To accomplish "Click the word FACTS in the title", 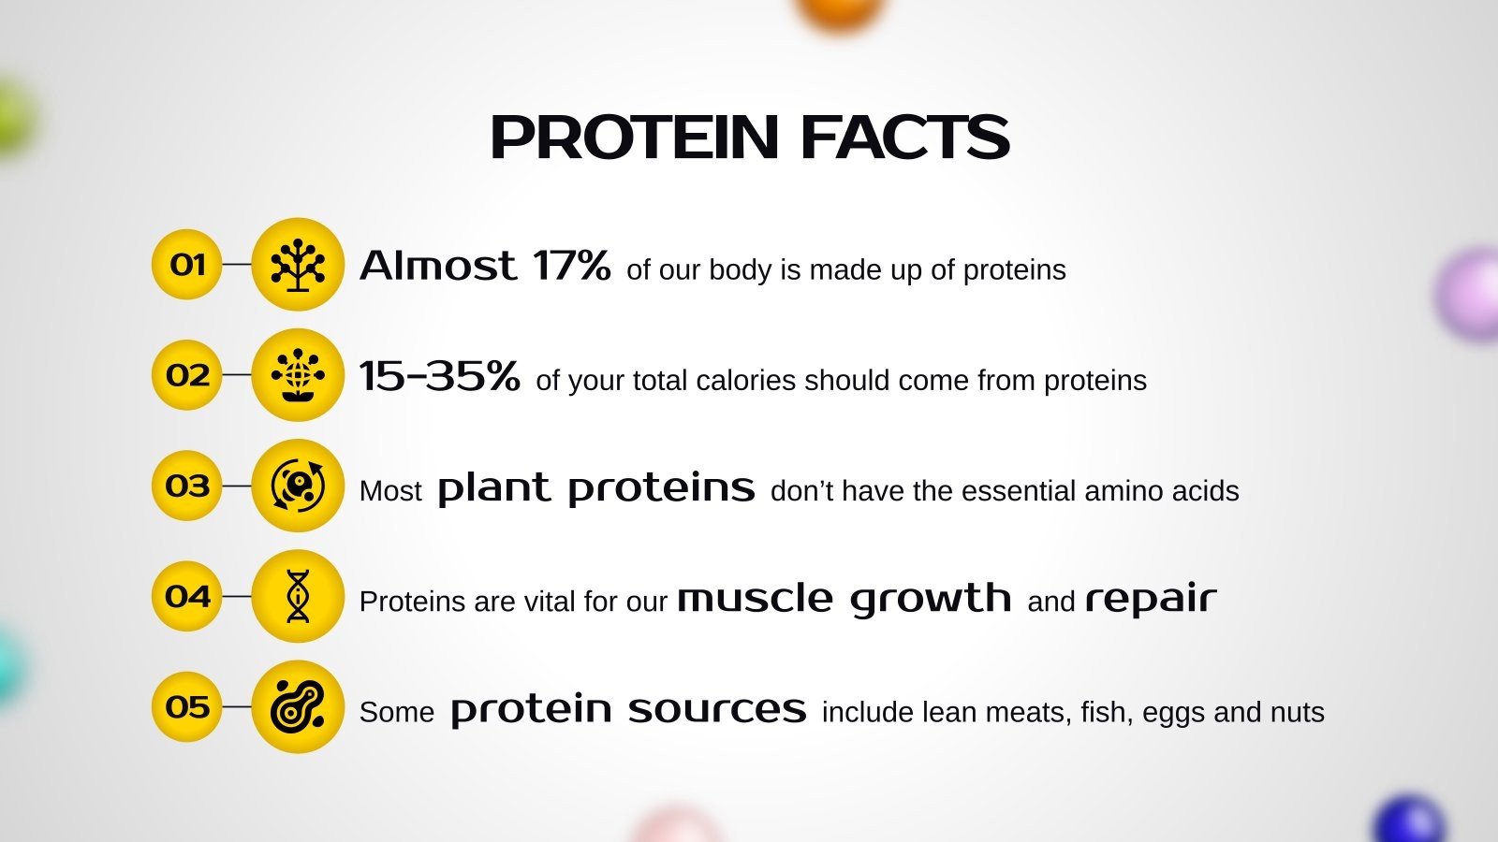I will click(904, 138).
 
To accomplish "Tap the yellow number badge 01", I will click(187, 265).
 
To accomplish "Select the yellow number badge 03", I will click(187, 486).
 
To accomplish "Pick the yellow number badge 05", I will click(187, 706).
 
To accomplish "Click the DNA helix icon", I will click(298, 596).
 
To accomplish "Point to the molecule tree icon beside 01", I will click(298, 265).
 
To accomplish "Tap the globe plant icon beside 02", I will click(298, 375).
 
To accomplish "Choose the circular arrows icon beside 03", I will click(298, 486).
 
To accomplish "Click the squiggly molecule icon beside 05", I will click(298, 706).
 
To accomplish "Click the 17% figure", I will click(571, 266).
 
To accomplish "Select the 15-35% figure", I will click(439, 376).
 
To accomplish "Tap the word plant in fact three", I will click(493, 488).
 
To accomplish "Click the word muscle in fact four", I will click(755, 598).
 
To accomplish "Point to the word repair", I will click(1151, 599).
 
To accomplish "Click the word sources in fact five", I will click(717, 709).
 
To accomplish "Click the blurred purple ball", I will click(1472, 292).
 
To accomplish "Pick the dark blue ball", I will click(1410, 821).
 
